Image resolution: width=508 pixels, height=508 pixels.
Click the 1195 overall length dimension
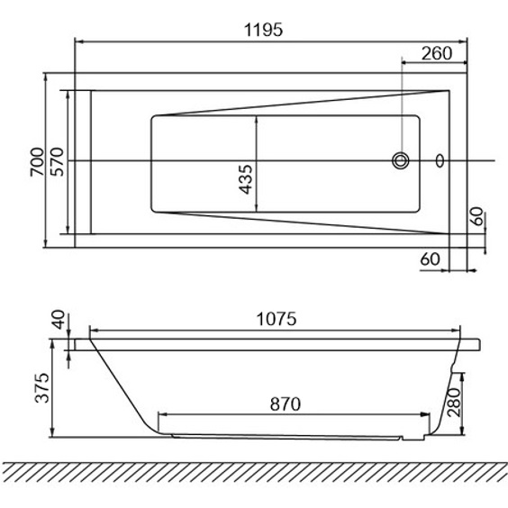tap(263, 30)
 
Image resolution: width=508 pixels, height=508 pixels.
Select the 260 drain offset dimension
tap(437, 53)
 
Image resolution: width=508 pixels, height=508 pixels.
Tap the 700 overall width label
tap(37, 161)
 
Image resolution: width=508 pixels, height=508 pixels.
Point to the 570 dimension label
tap(58, 161)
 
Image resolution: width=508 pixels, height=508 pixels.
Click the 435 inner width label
tap(245, 179)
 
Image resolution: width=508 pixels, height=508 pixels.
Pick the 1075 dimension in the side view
tap(277, 319)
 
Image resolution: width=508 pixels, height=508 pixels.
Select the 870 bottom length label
tap(286, 404)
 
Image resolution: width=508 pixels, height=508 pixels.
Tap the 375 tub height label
tap(42, 388)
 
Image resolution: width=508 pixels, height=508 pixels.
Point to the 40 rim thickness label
tap(59, 320)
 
